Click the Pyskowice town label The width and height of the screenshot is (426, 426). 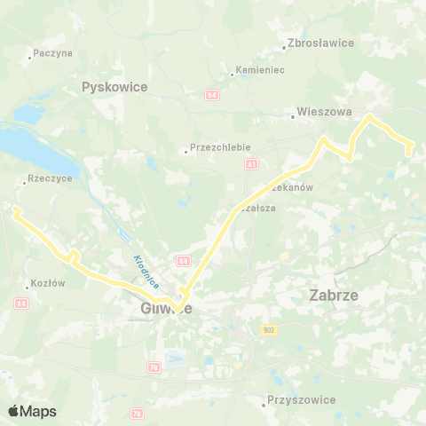point(114,87)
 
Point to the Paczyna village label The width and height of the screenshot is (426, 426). point(52,53)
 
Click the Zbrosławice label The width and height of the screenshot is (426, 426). point(321,43)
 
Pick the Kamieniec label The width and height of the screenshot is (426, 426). point(259,70)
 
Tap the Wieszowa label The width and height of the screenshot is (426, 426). point(326,114)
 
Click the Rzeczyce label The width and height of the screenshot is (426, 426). point(51,177)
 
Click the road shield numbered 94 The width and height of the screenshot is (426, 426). point(211,93)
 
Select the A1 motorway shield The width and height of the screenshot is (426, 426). point(252,164)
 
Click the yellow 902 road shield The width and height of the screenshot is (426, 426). point(270,330)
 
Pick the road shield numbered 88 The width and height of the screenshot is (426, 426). point(183,261)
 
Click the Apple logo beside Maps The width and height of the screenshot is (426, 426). point(14,411)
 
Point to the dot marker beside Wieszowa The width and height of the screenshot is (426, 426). point(293,114)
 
